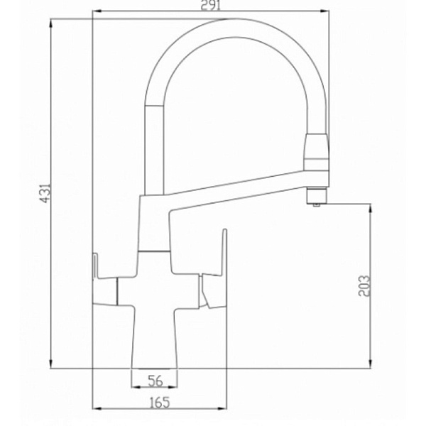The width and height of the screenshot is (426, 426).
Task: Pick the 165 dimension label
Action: (160, 403)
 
